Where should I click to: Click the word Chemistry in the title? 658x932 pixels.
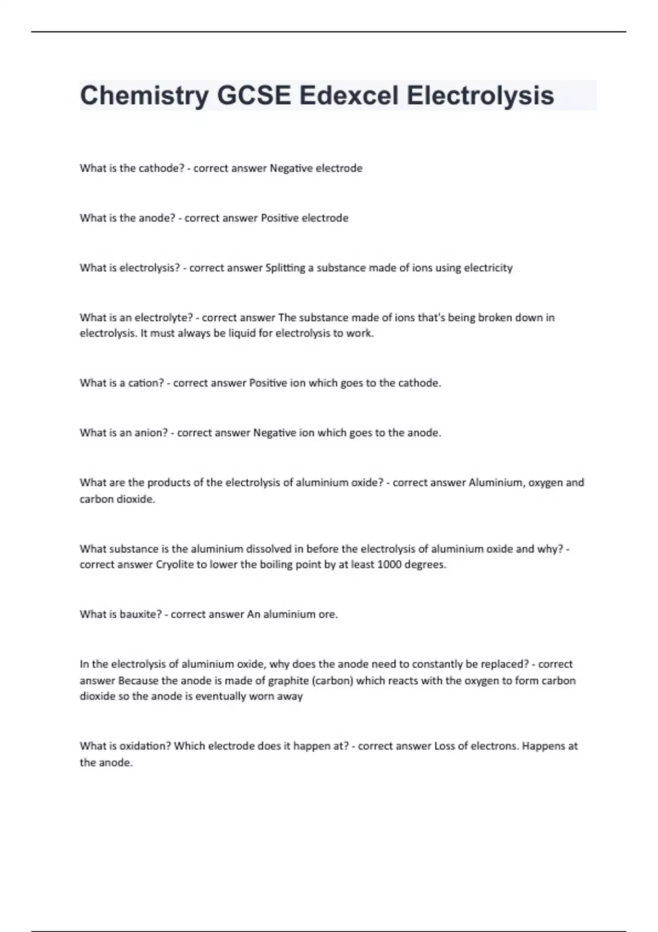coord(144,95)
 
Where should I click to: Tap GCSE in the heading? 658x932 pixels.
coord(254,95)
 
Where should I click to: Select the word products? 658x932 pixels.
coord(167,483)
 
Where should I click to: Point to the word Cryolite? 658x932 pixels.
coord(175,565)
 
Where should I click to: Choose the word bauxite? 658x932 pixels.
coord(140,615)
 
